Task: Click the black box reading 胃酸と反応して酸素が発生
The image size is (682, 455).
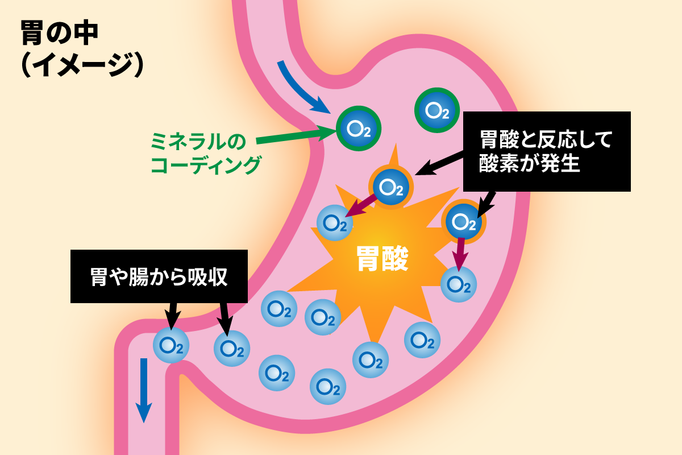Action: point(547,151)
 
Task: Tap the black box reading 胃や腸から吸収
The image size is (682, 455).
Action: point(159,276)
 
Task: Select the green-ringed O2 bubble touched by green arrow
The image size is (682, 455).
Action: point(358,129)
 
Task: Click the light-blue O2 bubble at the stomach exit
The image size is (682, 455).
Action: point(171,345)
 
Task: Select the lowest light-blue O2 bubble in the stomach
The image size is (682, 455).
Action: point(328,387)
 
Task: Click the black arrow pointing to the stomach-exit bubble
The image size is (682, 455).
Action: point(172,315)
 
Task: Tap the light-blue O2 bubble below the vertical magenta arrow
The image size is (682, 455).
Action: point(459,284)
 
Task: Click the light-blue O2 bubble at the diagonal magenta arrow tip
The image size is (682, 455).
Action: point(334,223)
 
